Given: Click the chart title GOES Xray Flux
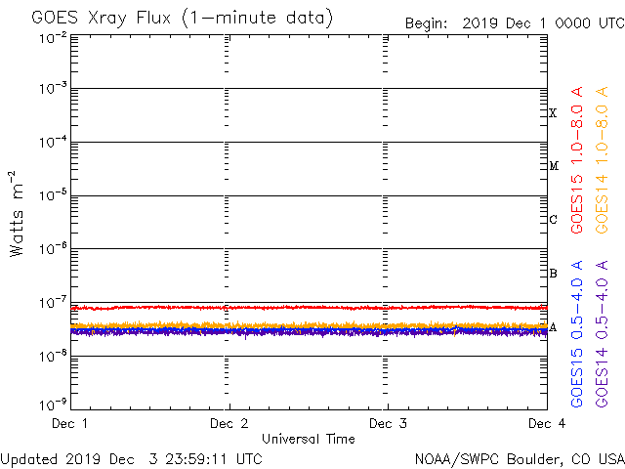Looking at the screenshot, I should point(182,19).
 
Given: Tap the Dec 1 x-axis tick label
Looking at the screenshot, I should point(70,423).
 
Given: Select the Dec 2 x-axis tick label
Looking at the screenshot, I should point(229,423).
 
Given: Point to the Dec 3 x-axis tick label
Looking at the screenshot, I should point(388,423).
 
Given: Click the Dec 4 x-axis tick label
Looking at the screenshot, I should point(546,423).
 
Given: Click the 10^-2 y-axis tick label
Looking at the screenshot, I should point(53,37).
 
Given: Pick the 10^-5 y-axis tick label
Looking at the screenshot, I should point(53,195).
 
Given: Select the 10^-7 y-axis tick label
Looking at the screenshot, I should point(53,301).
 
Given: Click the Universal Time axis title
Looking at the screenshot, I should point(308,439).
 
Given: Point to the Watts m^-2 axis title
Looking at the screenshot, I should point(17,213).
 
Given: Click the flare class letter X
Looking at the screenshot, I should point(553,113).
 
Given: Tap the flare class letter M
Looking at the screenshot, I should point(553,166).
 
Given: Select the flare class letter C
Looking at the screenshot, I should point(553,219).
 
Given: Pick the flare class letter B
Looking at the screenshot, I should point(553,273).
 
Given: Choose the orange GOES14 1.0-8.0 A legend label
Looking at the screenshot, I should point(603,160).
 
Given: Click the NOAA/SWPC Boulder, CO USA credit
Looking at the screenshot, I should point(519,457).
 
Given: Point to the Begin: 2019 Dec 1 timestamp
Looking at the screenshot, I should point(514,22).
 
